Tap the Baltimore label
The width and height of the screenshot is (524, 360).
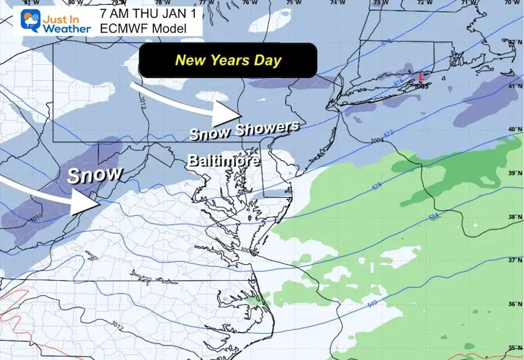point(224,161)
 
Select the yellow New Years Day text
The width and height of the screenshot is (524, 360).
point(228,60)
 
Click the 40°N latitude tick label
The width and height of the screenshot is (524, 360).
point(512,129)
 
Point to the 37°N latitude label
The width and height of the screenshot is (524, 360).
point(512,261)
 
